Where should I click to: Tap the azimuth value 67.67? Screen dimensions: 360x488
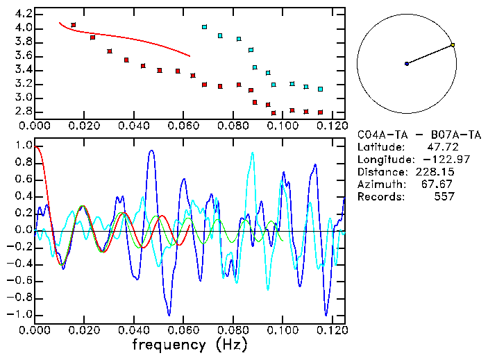pos(441,184)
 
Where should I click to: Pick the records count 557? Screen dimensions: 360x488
pos(444,196)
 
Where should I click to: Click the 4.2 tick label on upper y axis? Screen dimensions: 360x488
pos(22,14)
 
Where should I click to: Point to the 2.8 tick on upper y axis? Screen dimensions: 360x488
pos(22,111)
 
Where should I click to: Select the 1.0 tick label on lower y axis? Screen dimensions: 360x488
pos(22,146)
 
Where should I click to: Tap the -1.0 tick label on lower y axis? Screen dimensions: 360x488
pos(19,314)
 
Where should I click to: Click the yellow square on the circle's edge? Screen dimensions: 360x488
pos(453,45)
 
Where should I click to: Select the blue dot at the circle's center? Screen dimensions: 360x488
pos(407,64)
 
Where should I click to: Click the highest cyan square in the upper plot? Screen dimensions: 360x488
pos(204,27)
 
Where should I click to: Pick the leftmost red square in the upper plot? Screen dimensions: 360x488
pos(74,25)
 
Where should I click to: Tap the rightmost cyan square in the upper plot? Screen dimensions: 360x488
pos(320,89)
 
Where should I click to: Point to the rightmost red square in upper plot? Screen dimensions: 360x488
pos(320,112)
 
